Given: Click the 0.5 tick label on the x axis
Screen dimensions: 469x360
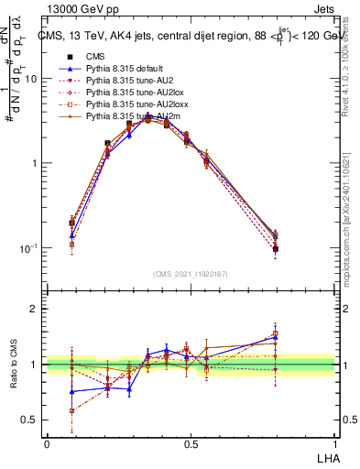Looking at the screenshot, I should [190, 443].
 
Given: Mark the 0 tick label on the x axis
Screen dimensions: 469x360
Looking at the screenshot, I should [47, 443].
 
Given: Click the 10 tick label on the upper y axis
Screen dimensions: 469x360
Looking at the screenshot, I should [31, 79].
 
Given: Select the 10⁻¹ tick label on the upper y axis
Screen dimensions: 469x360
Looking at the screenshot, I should [28, 248].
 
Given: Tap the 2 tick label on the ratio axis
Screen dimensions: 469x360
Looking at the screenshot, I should [36, 309].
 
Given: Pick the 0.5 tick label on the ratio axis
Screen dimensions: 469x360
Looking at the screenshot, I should [30, 420].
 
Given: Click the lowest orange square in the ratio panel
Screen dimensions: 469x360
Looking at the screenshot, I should [72, 410].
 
